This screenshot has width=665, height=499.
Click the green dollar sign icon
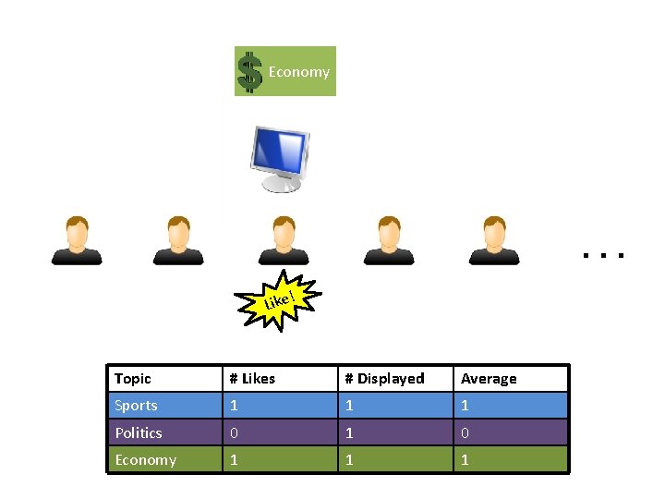pyautogui.click(x=249, y=72)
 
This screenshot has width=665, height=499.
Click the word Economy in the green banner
pyautogui.click(x=298, y=72)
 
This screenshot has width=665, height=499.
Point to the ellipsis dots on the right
pyautogui.click(x=604, y=252)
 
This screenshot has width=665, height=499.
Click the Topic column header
pyautogui.click(x=133, y=379)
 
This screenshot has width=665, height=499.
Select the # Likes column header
pyautogui.click(x=252, y=379)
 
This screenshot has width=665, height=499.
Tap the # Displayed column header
pyautogui.click(x=384, y=379)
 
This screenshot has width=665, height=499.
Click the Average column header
pyautogui.click(x=489, y=379)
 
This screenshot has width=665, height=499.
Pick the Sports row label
pyautogui.click(x=137, y=406)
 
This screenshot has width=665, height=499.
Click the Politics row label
pyautogui.click(x=139, y=432)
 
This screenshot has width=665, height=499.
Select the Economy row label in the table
pyautogui.click(x=145, y=460)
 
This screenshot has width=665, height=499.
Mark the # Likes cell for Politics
pyautogui.click(x=234, y=432)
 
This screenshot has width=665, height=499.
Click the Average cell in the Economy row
pyautogui.click(x=465, y=460)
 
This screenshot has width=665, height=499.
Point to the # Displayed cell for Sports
pyautogui.click(x=349, y=406)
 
